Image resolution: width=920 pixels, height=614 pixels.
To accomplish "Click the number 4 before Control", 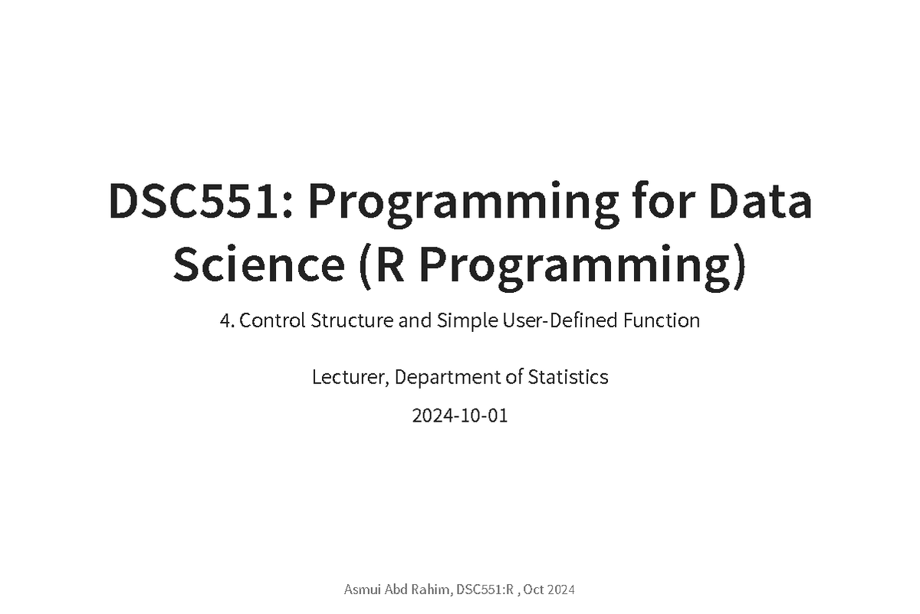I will click(225, 320).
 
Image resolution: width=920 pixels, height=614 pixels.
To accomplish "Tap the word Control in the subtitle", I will click(273, 320).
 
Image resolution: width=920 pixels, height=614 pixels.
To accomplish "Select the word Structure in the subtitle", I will click(352, 320).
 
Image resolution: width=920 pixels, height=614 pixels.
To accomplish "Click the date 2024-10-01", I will click(460, 416).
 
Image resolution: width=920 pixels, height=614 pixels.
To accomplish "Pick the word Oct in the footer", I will click(534, 589).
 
